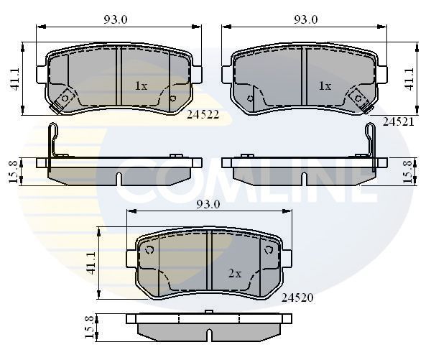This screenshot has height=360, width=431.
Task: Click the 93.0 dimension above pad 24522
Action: tap(114, 20)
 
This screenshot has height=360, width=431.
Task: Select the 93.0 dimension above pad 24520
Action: tap(208, 204)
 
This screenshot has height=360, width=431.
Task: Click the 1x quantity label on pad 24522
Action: tap(141, 86)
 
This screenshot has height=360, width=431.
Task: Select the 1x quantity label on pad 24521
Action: tap(325, 86)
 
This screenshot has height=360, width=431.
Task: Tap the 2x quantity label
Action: tap(234, 273)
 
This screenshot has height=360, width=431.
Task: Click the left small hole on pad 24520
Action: tap(150, 250)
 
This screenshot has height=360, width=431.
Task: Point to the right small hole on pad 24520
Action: tap(269, 249)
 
